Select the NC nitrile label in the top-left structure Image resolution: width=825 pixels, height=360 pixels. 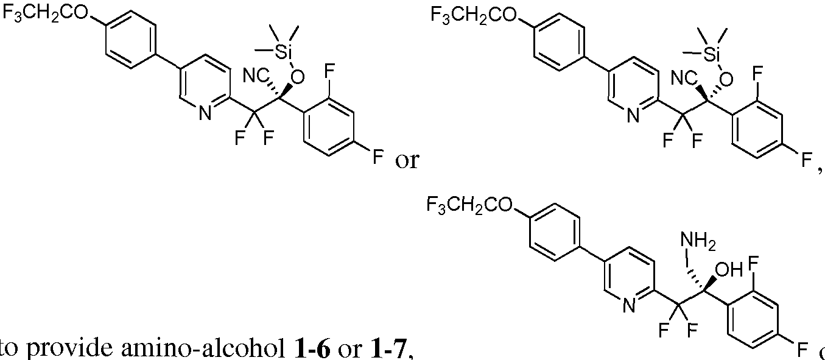(256, 77)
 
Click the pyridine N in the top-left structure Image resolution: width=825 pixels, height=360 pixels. (204, 113)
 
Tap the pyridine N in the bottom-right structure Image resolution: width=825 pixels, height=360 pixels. (630, 306)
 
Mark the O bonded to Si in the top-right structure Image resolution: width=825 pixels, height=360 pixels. (725, 79)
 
